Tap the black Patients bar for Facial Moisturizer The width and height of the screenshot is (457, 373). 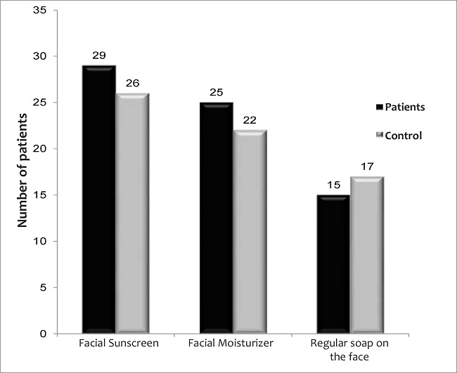pos(216,217)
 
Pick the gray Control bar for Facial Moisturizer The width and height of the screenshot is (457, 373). pos(250,231)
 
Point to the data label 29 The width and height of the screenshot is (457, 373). pos(98,54)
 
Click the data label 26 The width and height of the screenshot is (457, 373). pos(132,83)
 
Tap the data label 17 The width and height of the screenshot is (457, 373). pos(367,166)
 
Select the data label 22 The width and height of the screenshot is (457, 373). pos(250,120)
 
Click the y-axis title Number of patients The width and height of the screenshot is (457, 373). pos(22,172)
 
